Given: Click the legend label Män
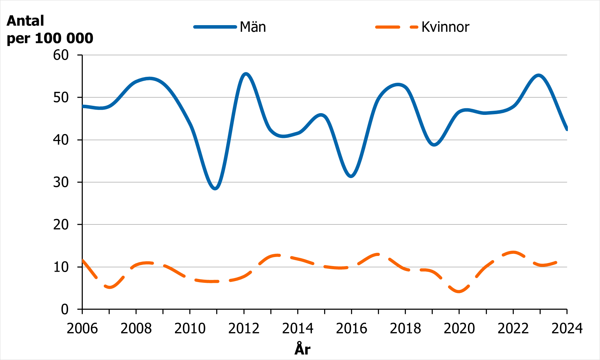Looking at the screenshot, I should coord(253,27).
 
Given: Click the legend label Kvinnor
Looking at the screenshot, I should coord(445,27).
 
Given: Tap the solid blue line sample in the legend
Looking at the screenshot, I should coord(215,27).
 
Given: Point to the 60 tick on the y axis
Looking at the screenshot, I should coord(61,55).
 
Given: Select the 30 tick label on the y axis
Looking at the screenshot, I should coord(61,182).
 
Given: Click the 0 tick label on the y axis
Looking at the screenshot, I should coord(65,309).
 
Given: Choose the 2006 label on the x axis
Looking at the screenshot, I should coord(82,329).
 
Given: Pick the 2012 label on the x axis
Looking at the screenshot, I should coord(244,329).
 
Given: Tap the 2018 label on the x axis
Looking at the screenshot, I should coord(405,329).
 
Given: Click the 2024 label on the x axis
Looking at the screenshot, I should coord(567,329).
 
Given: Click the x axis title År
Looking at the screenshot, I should coord(302,349).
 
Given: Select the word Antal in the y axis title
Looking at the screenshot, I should coord(25,21).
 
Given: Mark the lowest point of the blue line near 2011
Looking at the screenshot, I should coord(215,188).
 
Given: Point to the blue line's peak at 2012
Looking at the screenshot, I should coord(246,74).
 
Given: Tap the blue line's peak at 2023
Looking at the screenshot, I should coord(539,75).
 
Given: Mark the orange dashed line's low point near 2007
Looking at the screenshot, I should coord(110,287).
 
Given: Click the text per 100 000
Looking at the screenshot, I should coord(50,38).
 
